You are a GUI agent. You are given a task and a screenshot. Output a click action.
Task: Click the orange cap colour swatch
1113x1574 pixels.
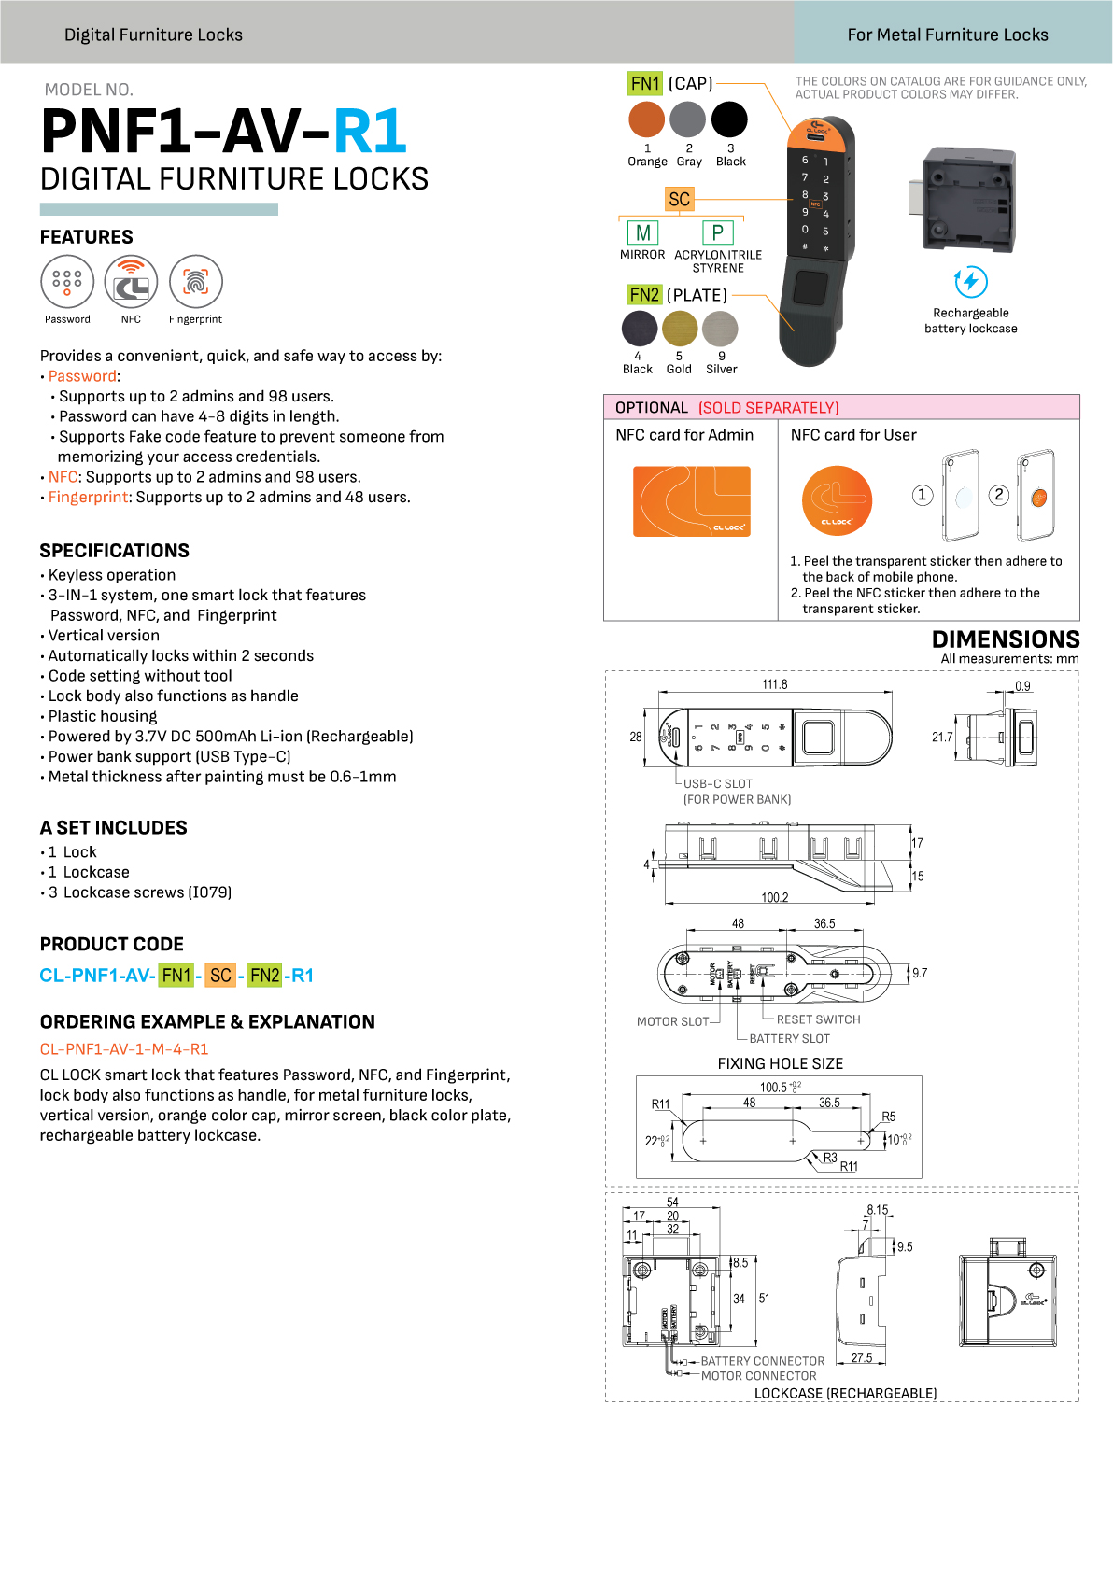coord(646,119)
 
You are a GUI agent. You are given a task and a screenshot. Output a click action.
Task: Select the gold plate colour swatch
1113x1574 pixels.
coord(680,329)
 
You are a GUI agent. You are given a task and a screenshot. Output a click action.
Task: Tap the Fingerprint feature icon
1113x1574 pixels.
coord(196,282)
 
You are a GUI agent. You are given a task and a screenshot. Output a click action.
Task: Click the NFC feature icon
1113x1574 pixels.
coord(132,282)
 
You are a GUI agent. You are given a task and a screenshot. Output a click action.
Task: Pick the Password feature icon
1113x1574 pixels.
coord(67,282)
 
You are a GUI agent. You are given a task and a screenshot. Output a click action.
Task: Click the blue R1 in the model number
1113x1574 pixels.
coord(370,131)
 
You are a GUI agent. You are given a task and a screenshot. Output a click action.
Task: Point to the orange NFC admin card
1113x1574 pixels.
coord(692,501)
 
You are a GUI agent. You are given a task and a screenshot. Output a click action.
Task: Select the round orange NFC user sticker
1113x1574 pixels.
coord(838,501)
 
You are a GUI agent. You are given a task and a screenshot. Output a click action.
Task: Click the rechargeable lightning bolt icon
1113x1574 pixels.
coord(971,282)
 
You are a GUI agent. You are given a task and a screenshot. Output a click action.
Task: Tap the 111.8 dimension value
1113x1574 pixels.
coord(775,684)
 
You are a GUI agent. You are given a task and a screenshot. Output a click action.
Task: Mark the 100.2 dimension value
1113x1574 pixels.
coord(775,898)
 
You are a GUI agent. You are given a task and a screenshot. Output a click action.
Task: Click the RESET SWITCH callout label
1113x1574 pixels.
coord(819,1019)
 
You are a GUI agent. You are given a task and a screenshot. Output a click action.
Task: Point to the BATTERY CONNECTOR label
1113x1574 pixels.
coord(763,1361)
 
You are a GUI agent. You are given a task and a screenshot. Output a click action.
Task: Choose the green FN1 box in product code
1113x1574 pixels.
coord(176,976)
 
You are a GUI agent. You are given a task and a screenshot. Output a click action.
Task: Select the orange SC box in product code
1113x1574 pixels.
coord(220,976)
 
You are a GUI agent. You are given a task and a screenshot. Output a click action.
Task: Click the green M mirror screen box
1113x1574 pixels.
coord(643,232)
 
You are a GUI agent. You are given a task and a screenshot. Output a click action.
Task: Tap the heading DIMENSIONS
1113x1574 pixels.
coord(1006,639)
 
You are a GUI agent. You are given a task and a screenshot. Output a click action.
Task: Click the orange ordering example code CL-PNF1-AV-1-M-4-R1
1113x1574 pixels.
coord(124,1049)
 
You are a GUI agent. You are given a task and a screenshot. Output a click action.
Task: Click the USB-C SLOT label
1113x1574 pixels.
coord(717,784)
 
